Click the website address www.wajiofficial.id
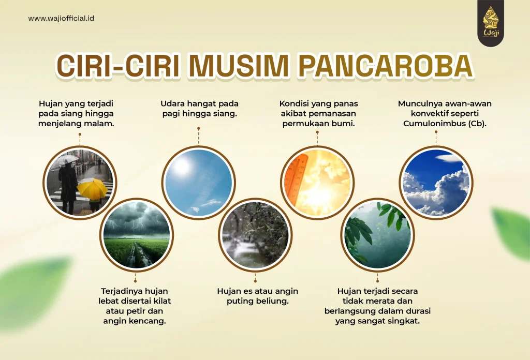pos(61,19)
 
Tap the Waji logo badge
pos(491,23)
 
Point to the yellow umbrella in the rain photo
pos(92,188)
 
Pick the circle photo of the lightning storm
pos(137,234)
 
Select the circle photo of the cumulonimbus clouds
pos(436,182)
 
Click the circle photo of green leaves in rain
pos(377,234)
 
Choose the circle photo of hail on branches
pos(255,234)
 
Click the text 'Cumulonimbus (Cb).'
pos(445,124)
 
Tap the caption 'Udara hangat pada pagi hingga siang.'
pos(199,109)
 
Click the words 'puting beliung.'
pos(257,301)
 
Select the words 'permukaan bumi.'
pos(318,124)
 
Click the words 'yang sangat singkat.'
pos(377,321)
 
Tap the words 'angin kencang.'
pos(136,321)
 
